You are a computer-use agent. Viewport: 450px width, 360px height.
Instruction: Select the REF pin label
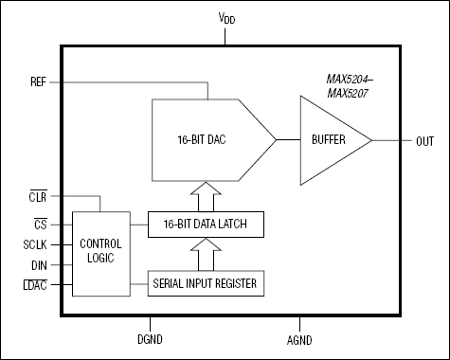pos(38,81)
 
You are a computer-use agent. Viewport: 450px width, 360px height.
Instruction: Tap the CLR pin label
pos(38,196)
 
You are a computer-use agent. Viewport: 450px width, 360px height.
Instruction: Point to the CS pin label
pos(40,225)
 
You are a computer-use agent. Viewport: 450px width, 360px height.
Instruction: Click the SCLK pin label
pos(35,244)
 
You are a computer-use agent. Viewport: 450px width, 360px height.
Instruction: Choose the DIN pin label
pos(39,265)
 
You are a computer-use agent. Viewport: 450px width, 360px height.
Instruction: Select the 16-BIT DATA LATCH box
pos(206,224)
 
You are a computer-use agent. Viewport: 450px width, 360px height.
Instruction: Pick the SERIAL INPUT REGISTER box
pos(206,282)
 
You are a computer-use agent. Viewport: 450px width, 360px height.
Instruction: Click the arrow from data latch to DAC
pos(206,197)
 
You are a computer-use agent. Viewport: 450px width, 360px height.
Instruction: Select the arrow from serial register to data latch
pos(206,253)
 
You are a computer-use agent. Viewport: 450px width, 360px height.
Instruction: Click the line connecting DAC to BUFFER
pos(287,140)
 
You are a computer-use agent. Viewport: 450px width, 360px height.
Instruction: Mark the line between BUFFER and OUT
pos(389,140)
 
